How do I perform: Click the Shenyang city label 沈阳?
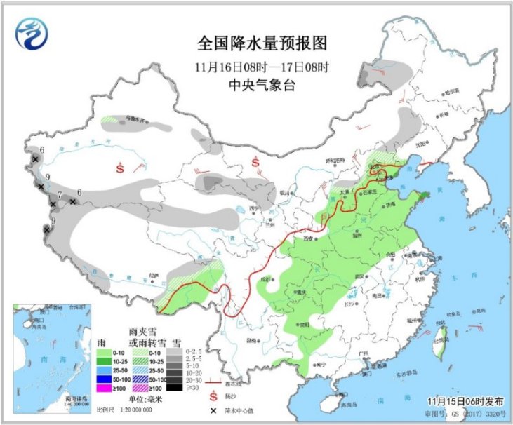(x=422, y=144)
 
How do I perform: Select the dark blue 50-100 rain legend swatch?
(x=105, y=379)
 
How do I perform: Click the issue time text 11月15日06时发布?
(x=465, y=401)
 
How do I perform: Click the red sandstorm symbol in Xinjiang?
(x=121, y=168)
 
